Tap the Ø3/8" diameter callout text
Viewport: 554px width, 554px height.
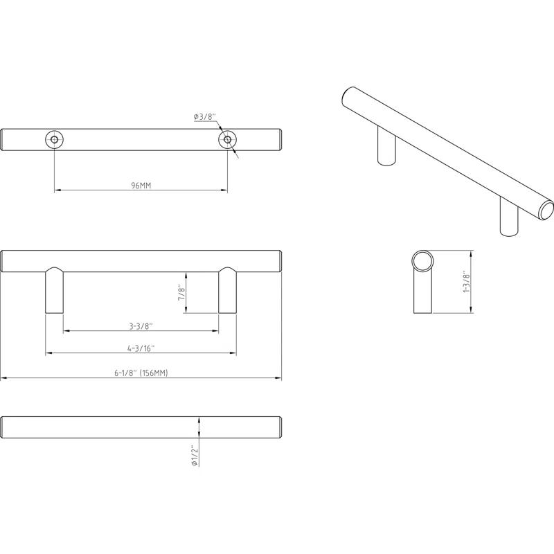coord(205,116)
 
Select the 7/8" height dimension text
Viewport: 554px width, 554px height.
coord(181,292)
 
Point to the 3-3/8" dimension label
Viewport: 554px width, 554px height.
coord(141,326)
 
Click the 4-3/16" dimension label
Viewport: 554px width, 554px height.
coord(141,348)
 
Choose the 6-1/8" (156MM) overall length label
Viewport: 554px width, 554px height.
coord(141,373)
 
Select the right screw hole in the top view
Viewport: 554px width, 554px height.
coord(227,140)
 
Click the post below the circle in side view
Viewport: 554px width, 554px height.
coord(422,294)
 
